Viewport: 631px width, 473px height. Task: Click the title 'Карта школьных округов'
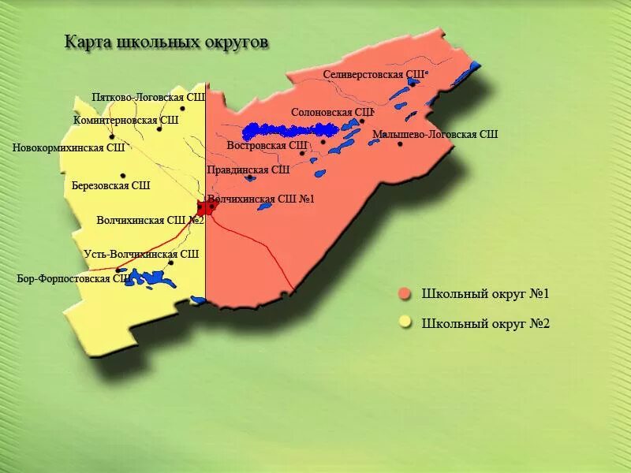166,42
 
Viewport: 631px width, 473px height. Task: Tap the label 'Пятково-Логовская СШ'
148,97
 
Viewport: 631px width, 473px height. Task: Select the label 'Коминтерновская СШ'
125,121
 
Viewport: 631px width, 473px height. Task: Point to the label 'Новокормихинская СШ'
69,147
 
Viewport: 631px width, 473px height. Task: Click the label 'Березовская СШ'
110,186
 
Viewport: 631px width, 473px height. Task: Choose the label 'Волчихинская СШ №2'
150,220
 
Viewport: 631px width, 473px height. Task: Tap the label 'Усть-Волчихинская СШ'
141,254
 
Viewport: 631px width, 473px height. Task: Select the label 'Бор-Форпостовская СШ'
73,278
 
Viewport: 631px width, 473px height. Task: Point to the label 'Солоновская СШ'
331,112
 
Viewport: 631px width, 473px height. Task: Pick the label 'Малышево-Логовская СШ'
435,134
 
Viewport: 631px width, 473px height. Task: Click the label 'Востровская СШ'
267,145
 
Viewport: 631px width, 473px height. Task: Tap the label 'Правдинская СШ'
248,169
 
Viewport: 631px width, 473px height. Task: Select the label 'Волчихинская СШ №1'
260,199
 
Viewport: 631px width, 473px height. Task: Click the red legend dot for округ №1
405,294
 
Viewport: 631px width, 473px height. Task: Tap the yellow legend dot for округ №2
405,322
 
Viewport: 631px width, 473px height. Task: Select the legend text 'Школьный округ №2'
485,323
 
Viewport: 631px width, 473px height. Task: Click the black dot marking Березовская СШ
123,176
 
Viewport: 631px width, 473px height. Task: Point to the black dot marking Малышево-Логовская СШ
400,143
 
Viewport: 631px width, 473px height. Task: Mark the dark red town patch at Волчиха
205,208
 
